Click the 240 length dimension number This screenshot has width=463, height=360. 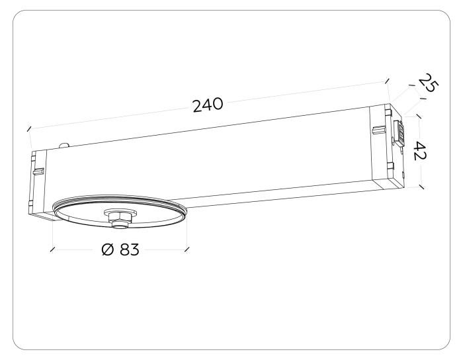coord(208,105)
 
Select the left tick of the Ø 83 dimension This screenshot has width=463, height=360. coord(52,250)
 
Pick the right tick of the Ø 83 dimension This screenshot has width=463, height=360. coord(187,249)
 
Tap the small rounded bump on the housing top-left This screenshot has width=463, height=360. coord(63,145)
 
